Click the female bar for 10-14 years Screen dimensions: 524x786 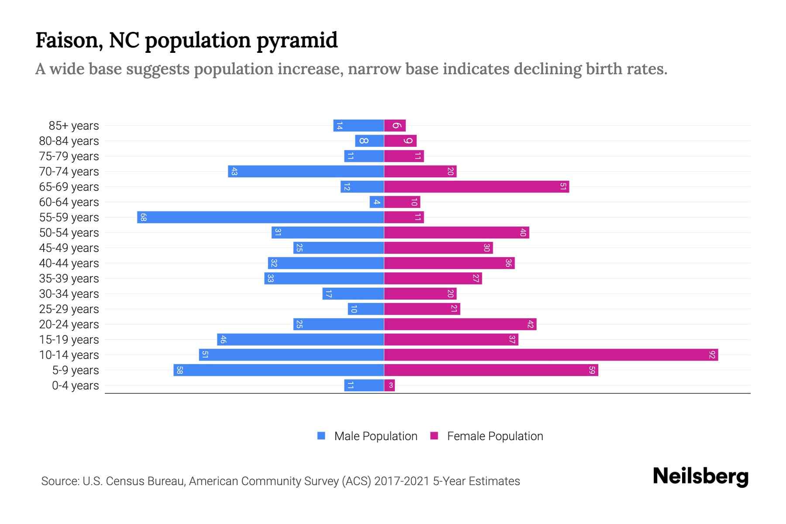(550, 355)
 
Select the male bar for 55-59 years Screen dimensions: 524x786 (261, 217)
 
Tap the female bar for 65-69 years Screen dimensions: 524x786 (476, 186)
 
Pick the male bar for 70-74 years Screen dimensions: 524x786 (306, 171)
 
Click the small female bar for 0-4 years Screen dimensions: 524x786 (390, 385)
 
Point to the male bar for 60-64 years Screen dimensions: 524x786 (376, 202)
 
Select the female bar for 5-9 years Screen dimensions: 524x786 (491, 370)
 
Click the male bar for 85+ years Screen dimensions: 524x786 (359, 125)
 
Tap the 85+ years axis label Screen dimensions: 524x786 (74, 126)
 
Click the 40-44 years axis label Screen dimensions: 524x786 (69, 263)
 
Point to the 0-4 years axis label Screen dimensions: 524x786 (75, 386)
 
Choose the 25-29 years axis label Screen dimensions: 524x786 (69, 309)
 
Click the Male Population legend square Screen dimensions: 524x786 (321, 436)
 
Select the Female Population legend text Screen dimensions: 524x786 (495, 436)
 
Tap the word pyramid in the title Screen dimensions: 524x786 (296, 40)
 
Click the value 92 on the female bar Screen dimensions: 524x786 (712, 355)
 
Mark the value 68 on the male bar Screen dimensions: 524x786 (143, 217)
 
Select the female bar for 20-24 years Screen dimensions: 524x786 (460, 324)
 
